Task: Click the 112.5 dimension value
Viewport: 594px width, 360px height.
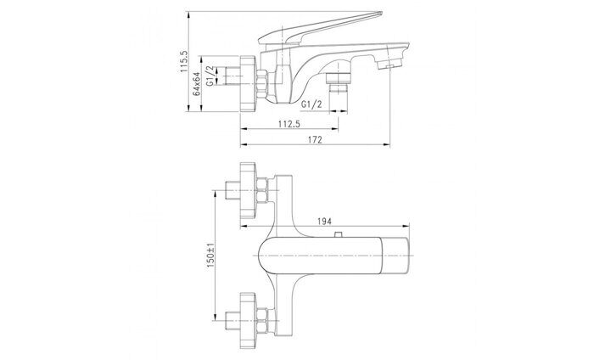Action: (x=289, y=124)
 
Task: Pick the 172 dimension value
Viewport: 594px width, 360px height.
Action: (x=315, y=139)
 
